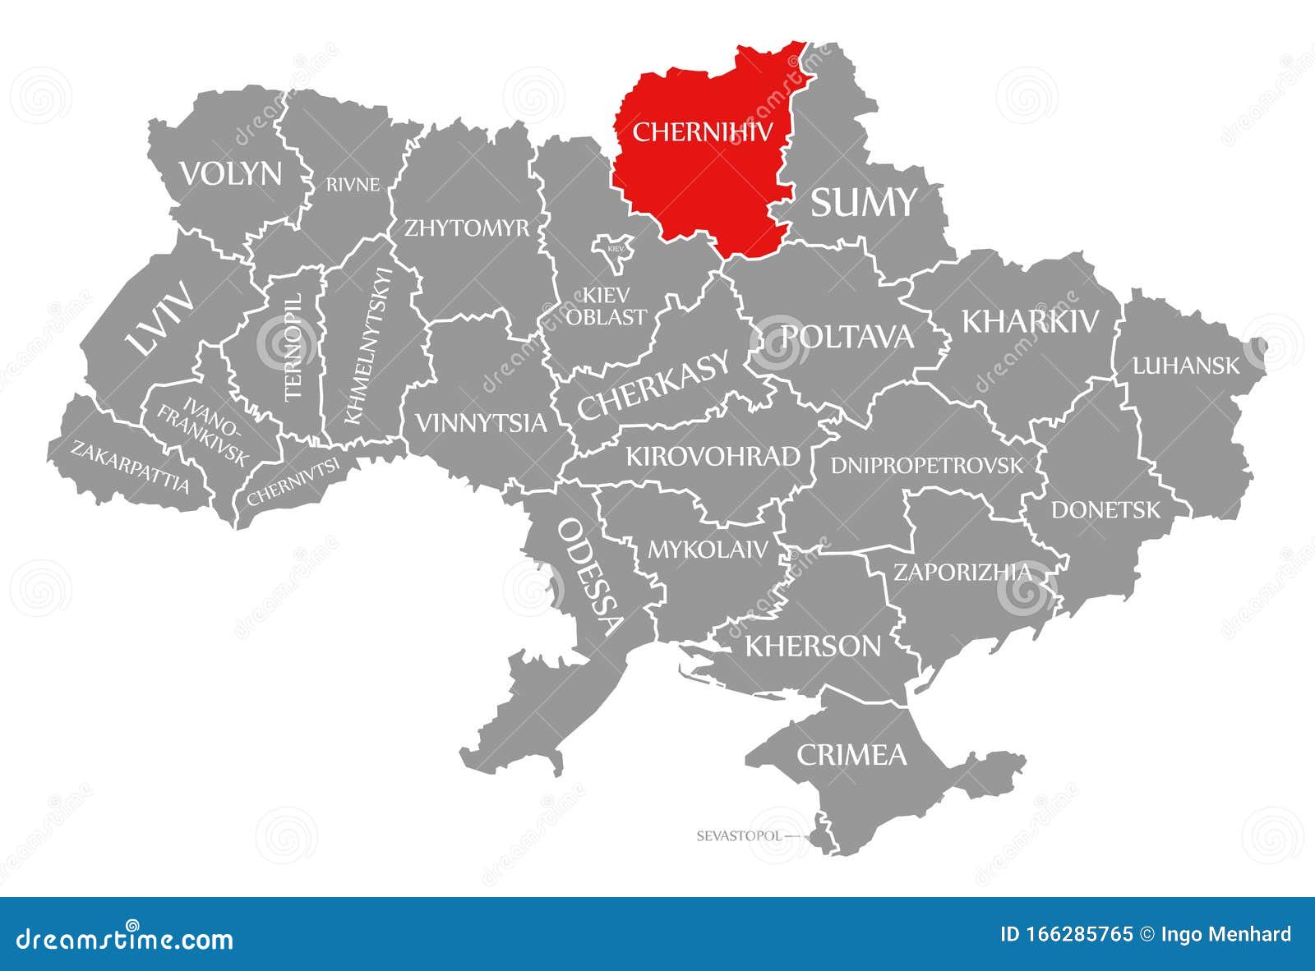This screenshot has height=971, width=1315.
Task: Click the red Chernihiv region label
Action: [703, 131]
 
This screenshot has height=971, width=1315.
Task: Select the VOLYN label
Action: [231, 174]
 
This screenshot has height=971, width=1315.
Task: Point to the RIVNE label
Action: [353, 185]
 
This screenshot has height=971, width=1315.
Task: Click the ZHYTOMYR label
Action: [466, 228]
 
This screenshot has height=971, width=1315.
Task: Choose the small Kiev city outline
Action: [615, 253]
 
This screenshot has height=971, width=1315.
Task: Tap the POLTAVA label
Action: [847, 336]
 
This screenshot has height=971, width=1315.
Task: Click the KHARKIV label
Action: [1030, 321]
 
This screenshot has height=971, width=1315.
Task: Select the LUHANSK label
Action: [1185, 366]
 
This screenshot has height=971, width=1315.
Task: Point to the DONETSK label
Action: [1105, 510]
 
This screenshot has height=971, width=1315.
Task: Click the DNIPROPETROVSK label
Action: [927, 466]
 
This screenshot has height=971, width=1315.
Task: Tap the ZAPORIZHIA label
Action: [962, 572]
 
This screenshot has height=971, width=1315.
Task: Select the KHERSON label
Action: [813, 646]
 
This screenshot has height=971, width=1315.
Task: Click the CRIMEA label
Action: [851, 754]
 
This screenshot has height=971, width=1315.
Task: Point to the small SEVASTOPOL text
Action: [737, 836]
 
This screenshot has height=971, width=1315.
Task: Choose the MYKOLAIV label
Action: [708, 549]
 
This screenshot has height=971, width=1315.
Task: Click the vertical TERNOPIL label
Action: [293, 347]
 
